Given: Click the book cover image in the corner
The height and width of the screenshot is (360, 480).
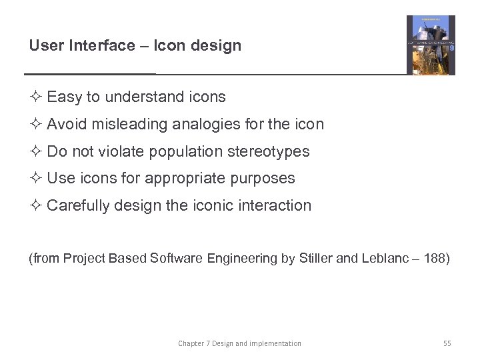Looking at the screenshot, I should coord(431,45).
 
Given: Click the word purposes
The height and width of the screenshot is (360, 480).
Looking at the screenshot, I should coord(265,179).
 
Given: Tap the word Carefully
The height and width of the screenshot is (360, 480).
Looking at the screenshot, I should coord(79,205).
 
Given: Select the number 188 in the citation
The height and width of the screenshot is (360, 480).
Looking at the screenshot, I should coord(435,258).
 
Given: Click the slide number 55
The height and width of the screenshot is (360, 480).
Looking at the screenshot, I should coord(447,344).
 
